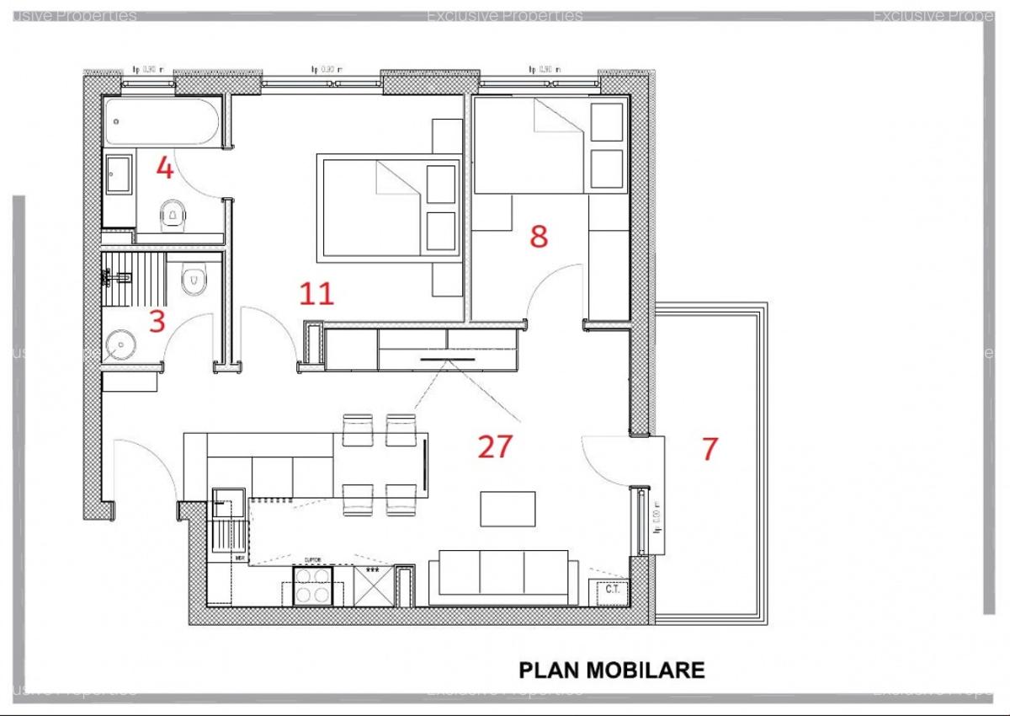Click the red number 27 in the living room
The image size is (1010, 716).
click(x=495, y=446)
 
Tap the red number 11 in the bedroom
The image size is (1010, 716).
click(x=316, y=293)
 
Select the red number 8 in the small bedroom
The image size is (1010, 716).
click(x=539, y=237)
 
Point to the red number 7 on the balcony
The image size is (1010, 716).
click(x=710, y=449)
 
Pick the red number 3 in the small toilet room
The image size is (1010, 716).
click(x=157, y=321)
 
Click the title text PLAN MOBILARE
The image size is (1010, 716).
click(x=611, y=671)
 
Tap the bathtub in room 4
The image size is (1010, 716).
click(x=162, y=123)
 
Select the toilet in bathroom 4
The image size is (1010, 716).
click(x=173, y=216)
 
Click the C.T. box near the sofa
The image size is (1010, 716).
click(x=612, y=590)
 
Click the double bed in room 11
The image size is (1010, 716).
click(x=387, y=206)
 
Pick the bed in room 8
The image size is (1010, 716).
click(x=548, y=145)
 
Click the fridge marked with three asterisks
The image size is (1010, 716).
click(x=371, y=583)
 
